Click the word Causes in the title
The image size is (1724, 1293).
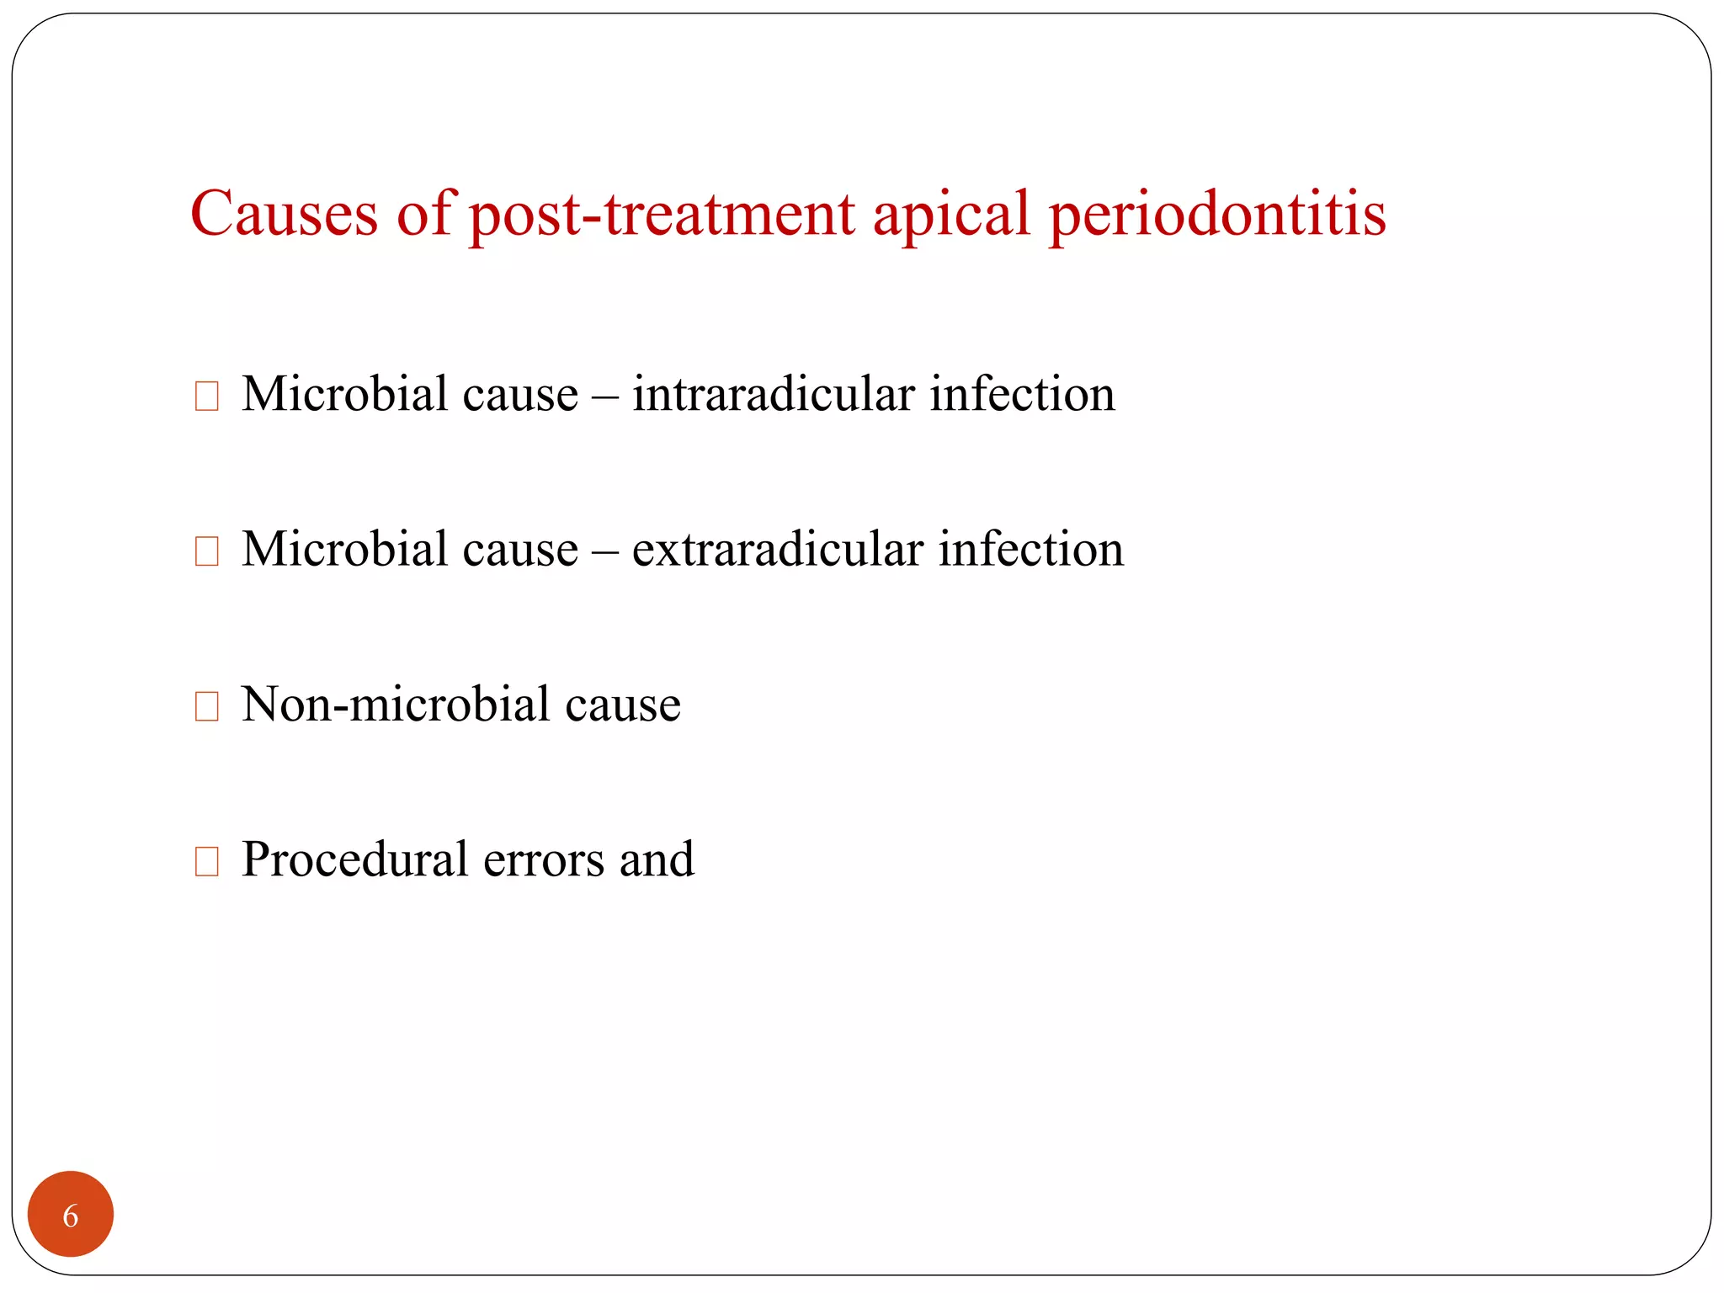tap(284, 214)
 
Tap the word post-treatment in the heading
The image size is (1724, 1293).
tap(662, 214)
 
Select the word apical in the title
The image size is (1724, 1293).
tap(951, 214)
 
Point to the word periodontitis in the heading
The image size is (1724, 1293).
tap(1217, 214)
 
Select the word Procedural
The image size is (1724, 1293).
tap(354, 860)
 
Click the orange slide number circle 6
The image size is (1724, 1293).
tap(71, 1214)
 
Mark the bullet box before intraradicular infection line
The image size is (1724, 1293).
tap(206, 396)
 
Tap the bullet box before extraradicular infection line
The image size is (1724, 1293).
tap(206, 551)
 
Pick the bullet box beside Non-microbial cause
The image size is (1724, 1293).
tap(206, 706)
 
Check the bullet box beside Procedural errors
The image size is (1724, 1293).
tap(206, 861)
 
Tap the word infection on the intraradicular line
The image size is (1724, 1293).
tap(1022, 394)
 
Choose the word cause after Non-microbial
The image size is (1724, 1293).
tap(622, 705)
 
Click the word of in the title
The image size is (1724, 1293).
tap(424, 214)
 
